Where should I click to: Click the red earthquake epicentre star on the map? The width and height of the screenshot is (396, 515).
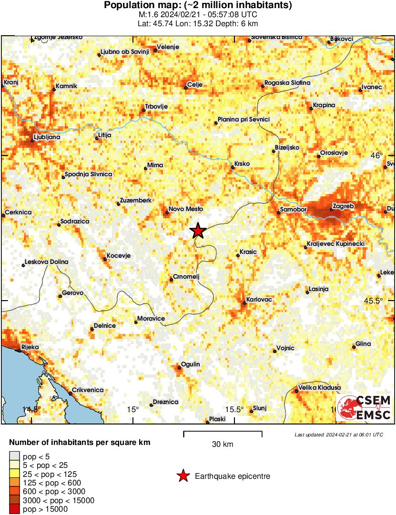click(x=198, y=231)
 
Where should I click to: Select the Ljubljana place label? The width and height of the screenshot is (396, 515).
click(x=46, y=137)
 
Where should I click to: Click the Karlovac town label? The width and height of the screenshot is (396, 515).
click(x=259, y=299)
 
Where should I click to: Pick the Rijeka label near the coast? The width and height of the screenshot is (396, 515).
click(x=30, y=347)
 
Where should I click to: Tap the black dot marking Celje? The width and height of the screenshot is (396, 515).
click(x=186, y=87)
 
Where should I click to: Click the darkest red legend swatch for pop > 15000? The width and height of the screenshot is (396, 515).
click(x=14, y=509)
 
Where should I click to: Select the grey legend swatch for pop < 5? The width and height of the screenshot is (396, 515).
click(x=14, y=456)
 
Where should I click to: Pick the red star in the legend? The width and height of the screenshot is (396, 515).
click(x=183, y=475)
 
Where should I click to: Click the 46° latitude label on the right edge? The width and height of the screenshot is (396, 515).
click(x=377, y=155)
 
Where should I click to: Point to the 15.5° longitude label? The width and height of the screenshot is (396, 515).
click(x=234, y=409)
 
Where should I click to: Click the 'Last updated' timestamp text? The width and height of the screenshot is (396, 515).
click(x=338, y=434)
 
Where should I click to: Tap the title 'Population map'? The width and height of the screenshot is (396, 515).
click(x=198, y=5)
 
